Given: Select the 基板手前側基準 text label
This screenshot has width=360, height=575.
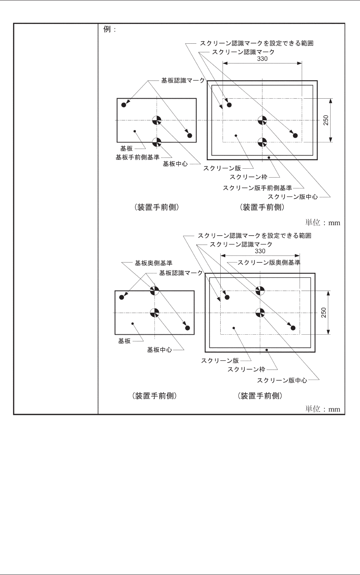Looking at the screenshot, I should (x=137, y=157).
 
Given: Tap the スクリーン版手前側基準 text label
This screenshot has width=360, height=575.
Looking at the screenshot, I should (x=257, y=188).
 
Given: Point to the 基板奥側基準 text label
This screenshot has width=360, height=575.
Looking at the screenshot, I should (x=153, y=263).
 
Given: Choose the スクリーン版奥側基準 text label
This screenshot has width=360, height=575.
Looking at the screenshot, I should (x=269, y=262).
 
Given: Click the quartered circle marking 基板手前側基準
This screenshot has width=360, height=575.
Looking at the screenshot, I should (x=156, y=142).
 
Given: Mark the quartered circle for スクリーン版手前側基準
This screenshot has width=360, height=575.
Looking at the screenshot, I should (x=262, y=142).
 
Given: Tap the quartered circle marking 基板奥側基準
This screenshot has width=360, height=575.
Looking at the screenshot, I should (x=154, y=290).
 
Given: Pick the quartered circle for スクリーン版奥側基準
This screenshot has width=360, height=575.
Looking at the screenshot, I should (x=260, y=290).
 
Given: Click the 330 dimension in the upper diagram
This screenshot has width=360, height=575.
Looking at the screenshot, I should (x=262, y=59).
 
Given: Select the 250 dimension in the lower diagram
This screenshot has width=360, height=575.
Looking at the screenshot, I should (x=324, y=312).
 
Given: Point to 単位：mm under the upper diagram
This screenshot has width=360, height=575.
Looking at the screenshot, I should (x=323, y=222).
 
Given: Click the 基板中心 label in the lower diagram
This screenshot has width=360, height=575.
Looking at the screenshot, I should (x=159, y=350).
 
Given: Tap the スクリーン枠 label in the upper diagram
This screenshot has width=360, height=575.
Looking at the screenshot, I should (x=249, y=177).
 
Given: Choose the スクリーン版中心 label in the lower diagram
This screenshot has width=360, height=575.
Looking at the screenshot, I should (x=282, y=380).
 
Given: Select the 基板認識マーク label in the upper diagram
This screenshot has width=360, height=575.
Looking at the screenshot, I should (x=183, y=80).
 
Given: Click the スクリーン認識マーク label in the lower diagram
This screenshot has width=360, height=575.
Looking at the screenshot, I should (x=241, y=245).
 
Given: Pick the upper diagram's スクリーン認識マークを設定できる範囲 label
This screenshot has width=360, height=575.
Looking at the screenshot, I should (x=256, y=43).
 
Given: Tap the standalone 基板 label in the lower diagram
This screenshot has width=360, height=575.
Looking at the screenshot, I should (x=124, y=341).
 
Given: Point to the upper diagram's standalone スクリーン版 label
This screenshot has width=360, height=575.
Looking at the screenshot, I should (x=222, y=168).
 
